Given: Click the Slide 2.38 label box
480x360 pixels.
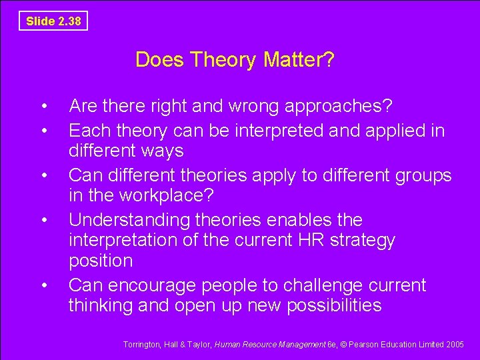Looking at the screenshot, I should tap(53, 21).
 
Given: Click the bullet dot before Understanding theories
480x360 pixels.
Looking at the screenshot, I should tap(43, 219).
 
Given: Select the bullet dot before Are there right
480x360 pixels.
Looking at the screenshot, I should tap(43, 106).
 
